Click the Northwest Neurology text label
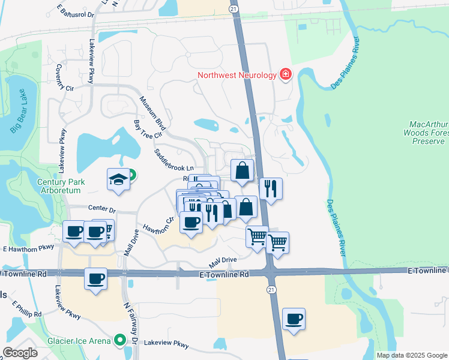click(x=237, y=75)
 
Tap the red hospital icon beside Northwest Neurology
click(x=286, y=75)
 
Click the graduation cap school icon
click(x=118, y=179)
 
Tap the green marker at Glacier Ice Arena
click(x=119, y=341)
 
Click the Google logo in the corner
click(x=19, y=353)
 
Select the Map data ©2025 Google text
click(x=411, y=355)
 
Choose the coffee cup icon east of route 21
click(x=294, y=319)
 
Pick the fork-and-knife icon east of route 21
click(x=271, y=188)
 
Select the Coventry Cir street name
click(x=64, y=78)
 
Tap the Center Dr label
click(x=101, y=209)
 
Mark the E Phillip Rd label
click(x=26, y=309)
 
